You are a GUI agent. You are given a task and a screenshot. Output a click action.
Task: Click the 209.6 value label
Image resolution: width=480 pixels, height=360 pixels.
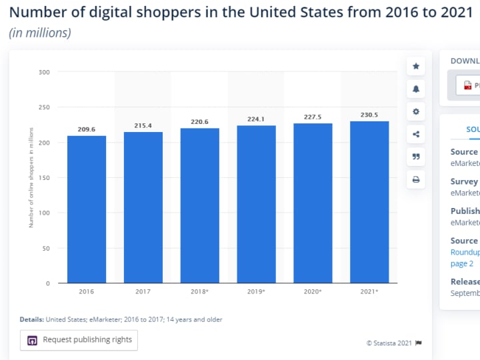point(87,129)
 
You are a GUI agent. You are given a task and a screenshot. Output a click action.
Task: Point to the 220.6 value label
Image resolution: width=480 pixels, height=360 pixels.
point(200,122)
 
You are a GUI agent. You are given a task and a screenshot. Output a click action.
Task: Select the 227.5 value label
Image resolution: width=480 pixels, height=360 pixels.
point(313,117)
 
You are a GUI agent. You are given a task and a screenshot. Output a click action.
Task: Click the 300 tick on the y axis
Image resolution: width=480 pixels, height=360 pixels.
point(45,71)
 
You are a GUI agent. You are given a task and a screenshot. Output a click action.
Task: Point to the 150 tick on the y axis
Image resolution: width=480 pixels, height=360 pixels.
point(45,177)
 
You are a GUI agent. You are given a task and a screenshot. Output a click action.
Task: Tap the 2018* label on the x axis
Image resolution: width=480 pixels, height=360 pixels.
point(200,291)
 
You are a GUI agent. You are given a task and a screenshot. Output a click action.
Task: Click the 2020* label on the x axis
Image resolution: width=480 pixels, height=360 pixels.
point(313,291)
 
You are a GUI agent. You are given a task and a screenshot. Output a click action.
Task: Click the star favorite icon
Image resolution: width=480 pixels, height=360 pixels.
point(416,66)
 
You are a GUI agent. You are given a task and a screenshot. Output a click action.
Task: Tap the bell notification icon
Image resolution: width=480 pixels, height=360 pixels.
point(416,89)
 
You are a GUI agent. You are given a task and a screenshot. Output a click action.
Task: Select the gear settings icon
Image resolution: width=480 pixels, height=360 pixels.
point(416,111)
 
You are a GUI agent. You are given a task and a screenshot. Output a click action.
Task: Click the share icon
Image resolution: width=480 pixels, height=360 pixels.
point(416,134)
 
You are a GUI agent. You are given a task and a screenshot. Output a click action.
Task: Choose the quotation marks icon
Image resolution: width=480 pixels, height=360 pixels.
point(416,157)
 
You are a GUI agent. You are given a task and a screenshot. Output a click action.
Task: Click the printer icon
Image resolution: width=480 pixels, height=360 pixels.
point(416,179)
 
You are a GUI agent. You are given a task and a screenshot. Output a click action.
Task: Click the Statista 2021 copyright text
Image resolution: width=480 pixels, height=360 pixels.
point(389,343)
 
